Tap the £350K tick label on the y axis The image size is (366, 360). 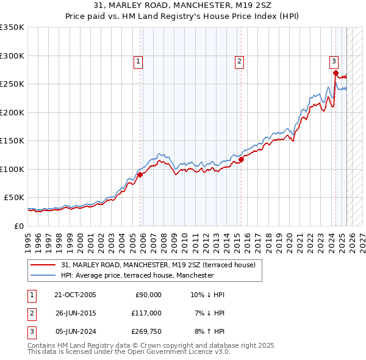(x=12, y=27)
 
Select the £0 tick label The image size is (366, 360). (x=19, y=226)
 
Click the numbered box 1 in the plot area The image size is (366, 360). (x=139, y=61)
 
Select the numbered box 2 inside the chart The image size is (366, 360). (x=240, y=61)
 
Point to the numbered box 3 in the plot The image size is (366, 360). (x=334, y=61)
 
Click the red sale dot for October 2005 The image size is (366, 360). (x=140, y=175)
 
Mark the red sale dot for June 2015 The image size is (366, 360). (x=241, y=159)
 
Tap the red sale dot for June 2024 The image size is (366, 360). (x=335, y=73)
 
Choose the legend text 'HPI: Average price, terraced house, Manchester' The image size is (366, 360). (x=137, y=275)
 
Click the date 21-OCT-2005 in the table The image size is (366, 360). (x=75, y=295)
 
